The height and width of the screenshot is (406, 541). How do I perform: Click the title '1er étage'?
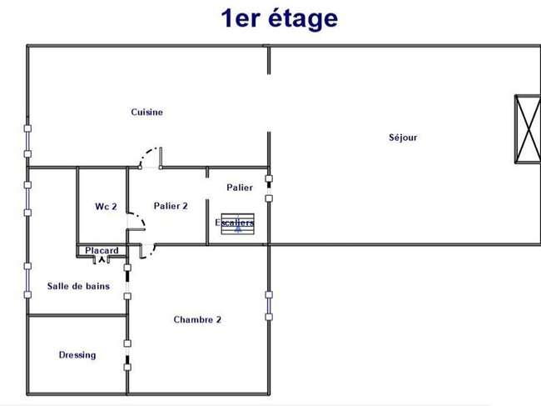coord(279,19)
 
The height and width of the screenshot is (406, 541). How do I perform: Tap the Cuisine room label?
coord(147,112)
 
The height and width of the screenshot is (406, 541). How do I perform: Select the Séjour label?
coord(403,138)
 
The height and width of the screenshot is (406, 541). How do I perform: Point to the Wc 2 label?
coord(106,206)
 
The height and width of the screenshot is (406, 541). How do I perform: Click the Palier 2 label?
coord(171,206)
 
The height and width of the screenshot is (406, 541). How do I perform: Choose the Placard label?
coord(102,250)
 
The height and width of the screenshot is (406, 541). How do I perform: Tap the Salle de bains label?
coord(79,286)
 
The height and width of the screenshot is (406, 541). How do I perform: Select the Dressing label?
coord(77,355)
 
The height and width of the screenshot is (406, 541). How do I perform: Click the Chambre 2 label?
coord(197,319)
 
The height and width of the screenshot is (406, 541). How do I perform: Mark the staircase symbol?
coord(238,224)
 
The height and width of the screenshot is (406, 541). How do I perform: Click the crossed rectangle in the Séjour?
coord(528,128)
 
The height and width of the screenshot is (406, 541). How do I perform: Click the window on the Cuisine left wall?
coord(27,141)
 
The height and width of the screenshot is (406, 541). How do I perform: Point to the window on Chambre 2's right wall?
coord(269,306)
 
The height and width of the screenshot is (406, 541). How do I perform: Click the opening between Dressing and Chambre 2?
coord(127,355)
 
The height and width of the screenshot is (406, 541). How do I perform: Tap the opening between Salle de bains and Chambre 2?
coord(127,282)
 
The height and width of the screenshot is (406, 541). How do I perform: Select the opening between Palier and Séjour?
coord(269,188)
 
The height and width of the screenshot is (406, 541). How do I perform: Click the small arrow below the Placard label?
coord(102,259)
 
